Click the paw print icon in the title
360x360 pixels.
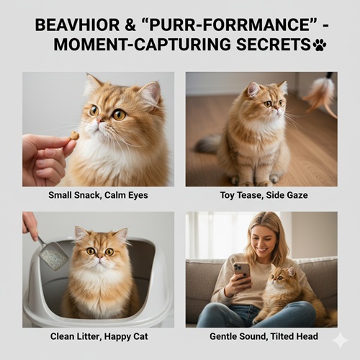320,45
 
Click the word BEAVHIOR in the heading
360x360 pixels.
77,25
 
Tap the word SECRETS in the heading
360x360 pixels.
274,45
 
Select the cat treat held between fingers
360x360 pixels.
74,136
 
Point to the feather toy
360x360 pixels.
320,96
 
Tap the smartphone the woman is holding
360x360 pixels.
243,274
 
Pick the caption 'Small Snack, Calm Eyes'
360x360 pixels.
98,195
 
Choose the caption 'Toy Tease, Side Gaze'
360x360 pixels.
264,195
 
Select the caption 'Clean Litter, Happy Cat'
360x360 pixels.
99,336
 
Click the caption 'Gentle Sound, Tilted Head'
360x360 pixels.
264,336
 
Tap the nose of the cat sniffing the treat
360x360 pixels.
99,120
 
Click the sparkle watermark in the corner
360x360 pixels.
340,340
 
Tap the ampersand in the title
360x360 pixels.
130,25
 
